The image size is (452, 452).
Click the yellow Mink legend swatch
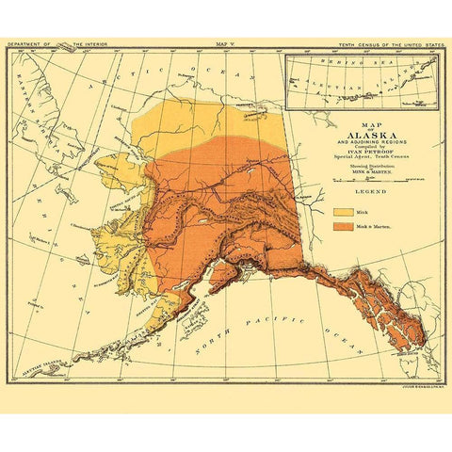[342, 212]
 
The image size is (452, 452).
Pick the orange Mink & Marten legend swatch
[342, 227]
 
